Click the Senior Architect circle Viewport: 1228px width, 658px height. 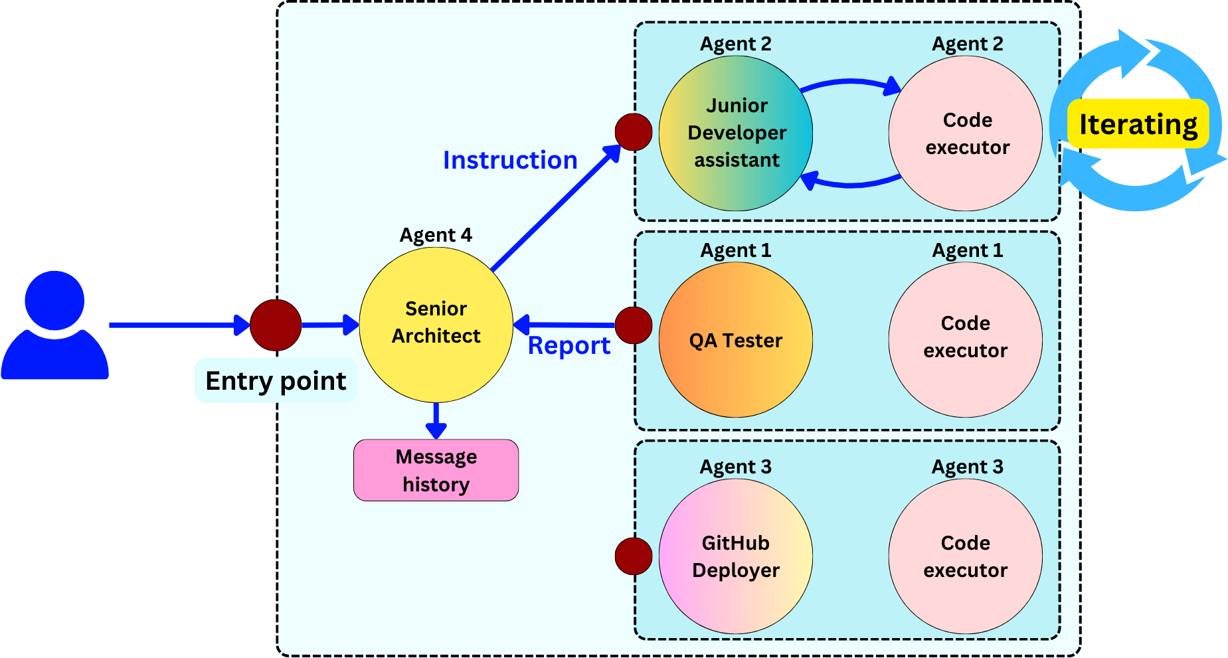pyautogui.click(x=436, y=325)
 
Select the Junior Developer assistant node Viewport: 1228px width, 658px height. pyautogui.click(x=736, y=133)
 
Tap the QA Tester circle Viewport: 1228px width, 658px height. pyautogui.click(x=736, y=340)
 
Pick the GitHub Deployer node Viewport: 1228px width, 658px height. pyautogui.click(x=736, y=556)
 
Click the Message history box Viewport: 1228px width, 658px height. pyautogui.click(x=436, y=470)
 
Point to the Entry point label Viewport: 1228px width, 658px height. pyautogui.click(x=276, y=381)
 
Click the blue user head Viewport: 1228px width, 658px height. pyautogui.click(x=54, y=300)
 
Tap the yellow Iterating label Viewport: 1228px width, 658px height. pyautogui.click(x=1138, y=124)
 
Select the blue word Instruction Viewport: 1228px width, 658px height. pyautogui.click(x=510, y=160)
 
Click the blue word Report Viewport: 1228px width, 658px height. pyautogui.click(x=569, y=346)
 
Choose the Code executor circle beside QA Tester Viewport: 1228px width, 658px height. pyautogui.click(x=965, y=340)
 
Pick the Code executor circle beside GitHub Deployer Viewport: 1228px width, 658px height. pyautogui.click(x=965, y=556)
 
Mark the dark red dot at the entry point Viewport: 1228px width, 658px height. pyautogui.click(x=276, y=325)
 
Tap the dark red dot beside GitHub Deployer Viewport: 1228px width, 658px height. pyautogui.click(x=634, y=556)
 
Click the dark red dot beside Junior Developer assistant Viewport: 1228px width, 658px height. pyautogui.click(x=634, y=132)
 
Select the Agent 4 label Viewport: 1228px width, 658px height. pyautogui.click(x=436, y=235)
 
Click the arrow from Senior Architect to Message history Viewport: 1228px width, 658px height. pyautogui.click(x=436, y=421)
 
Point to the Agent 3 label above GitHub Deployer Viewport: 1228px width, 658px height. pyautogui.click(x=735, y=467)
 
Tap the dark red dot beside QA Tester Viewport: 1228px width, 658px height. pyautogui.click(x=634, y=325)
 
